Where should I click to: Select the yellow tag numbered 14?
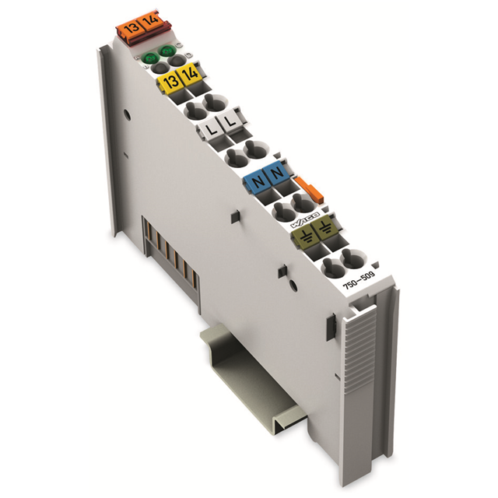tap(188, 77)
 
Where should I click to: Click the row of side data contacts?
tap(170, 253)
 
